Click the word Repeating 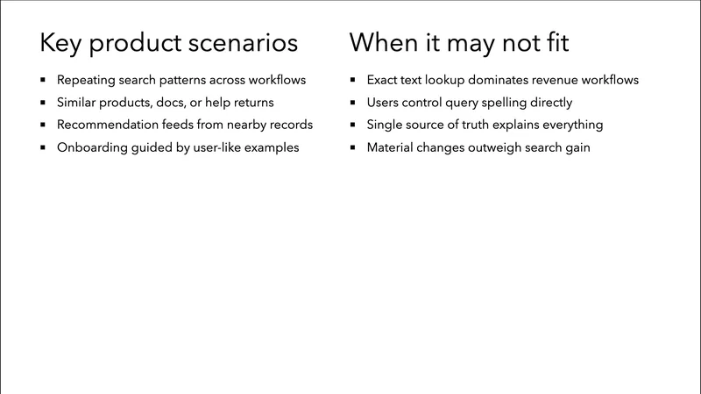tap(86, 80)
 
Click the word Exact tap(383, 80)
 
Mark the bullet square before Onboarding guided tap(42, 147)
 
